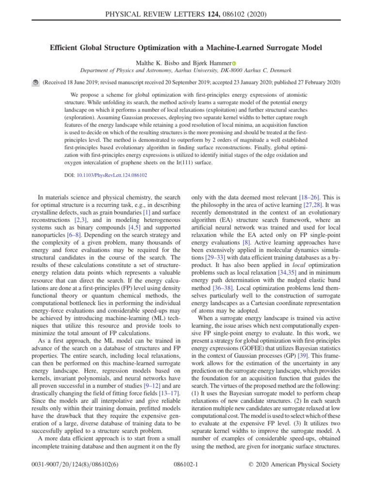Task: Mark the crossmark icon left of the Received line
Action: point(35,83)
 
